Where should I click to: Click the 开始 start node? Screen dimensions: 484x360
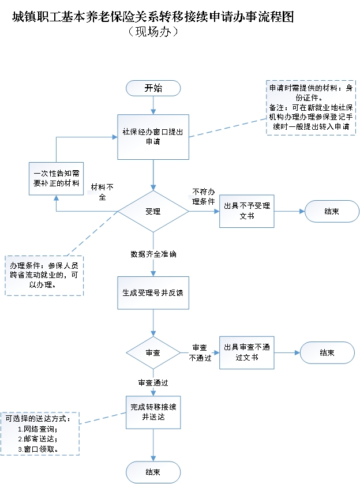tap(153, 88)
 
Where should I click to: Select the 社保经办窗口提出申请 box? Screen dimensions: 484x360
tap(153, 136)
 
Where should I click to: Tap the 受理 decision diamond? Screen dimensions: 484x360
tap(153, 212)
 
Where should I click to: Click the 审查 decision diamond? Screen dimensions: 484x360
tap(153, 352)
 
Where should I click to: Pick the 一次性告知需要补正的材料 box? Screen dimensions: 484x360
tap(56, 178)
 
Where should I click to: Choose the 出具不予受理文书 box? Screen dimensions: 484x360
tap(246, 211)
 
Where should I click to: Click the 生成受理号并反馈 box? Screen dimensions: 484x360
tap(153, 293)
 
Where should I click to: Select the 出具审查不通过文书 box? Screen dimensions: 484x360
tap(246, 352)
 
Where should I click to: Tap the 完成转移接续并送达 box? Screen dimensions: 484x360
tap(153, 412)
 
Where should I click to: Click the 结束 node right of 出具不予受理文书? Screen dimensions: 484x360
tap(331, 211)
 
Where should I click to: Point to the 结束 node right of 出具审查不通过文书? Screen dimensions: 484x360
tap(327, 352)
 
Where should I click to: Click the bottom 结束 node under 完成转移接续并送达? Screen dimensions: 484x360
tap(153, 472)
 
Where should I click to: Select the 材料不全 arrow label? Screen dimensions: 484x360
tap(103, 192)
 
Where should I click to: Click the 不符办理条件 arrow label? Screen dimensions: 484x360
tap(204, 196)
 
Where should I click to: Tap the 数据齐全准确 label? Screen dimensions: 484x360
tap(153, 254)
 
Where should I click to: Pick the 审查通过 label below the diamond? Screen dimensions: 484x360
tap(153, 382)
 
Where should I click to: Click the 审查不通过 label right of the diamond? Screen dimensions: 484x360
tap(200, 352)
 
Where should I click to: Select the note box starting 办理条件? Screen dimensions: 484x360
tap(44, 275)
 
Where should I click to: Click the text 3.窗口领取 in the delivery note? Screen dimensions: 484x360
tap(40, 448)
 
